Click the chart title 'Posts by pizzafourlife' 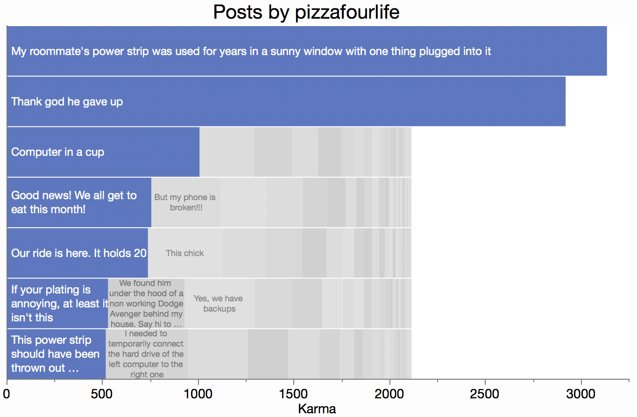coord(306,12)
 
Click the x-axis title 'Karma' coord(317,409)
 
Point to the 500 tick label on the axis coord(102,394)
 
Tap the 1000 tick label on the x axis coord(198,394)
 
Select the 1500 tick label coord(294,394)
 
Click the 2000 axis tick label coord(390,394)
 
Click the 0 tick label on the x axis coord(7,394)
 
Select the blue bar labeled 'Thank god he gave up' coord(286,101)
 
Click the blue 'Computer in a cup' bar coord(103,152)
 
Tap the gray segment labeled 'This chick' coord(185,253)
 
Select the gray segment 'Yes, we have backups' coord(219,304)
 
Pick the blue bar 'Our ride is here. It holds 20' coord(78,253)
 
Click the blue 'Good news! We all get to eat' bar coord(79,202)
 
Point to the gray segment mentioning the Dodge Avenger coord(146,304)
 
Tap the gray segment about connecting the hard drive coord(147,354)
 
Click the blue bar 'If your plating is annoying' coord(57,304)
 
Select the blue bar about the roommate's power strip coord(306,51)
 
